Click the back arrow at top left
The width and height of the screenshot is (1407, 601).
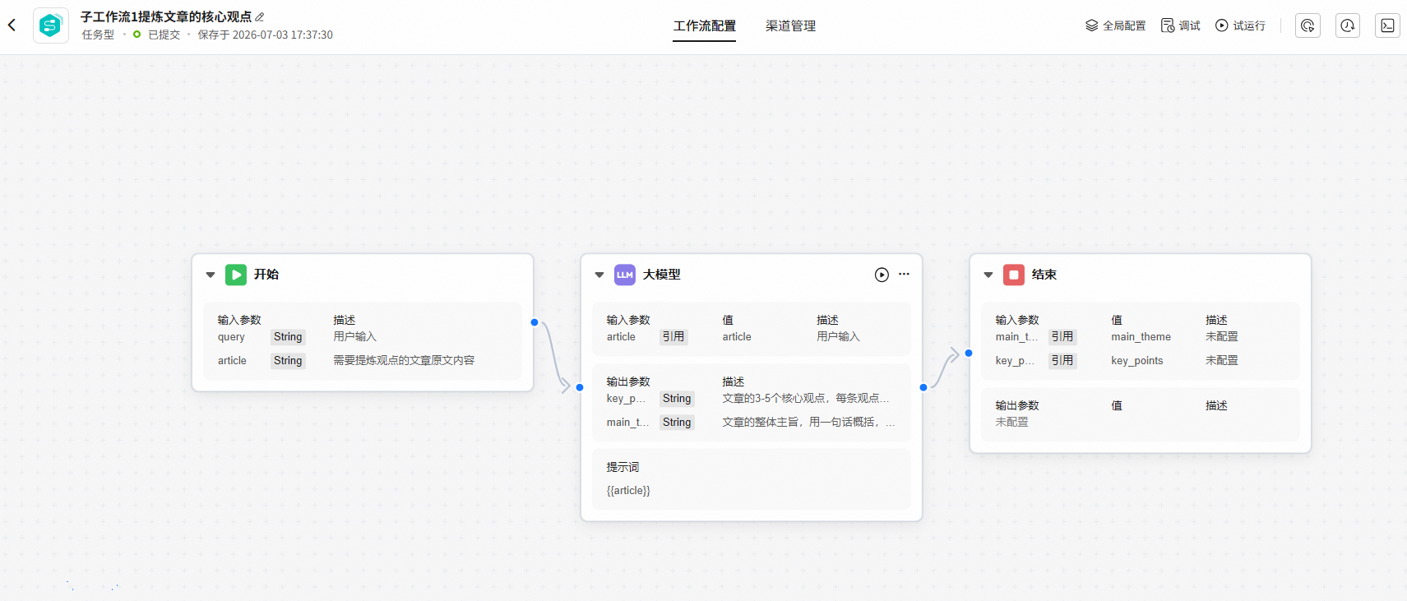[x=12, y=25]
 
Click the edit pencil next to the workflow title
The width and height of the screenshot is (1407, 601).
[x=260, y=17]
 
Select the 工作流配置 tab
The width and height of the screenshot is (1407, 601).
[x=704, y=25]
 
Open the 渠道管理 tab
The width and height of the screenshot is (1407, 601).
[x=790, y=25]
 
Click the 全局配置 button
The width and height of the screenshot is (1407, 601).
[x=1116, y=25]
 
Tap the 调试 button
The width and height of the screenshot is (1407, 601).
[x=1181, y=25]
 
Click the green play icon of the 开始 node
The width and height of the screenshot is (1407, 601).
[x=235, y=275]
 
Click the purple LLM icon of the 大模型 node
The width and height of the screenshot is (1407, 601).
[x=624, y=275]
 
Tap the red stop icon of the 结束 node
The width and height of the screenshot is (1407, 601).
[x=1013, y=275]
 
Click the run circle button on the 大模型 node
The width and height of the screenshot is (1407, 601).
[x=882, y=275]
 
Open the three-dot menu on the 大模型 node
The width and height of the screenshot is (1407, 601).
[x=904, y=274]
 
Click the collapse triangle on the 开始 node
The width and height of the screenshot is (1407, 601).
[x=211, y=275]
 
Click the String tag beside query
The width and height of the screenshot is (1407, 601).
[x=288, y=336]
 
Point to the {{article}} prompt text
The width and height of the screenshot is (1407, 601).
[x=628, y=490]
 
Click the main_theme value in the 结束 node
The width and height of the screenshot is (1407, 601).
[x=1141, y=336]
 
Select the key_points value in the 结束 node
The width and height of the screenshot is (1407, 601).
[x=1137, y=360]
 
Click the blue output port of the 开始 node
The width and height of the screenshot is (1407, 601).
[x=535, y=322]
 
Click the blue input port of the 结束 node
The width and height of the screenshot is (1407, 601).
[x=969, y=353]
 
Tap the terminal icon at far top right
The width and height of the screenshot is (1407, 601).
[x=1387, y=25]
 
